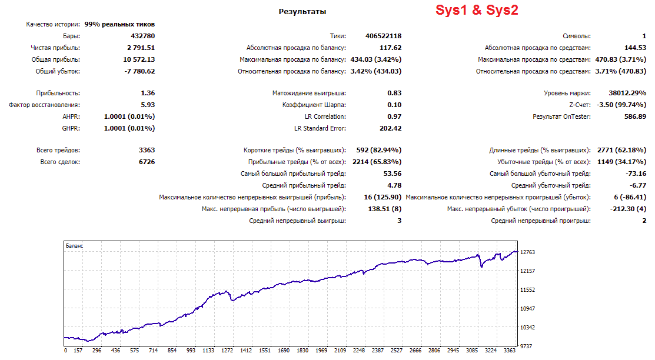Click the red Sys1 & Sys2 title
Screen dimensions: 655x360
point(477,10)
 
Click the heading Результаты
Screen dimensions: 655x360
point(302,12)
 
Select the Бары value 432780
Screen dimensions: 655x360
point(143,36)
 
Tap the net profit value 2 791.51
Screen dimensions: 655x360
point(141,48)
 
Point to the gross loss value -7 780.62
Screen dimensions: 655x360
point(139,71)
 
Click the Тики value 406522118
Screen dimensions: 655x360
point(384,36)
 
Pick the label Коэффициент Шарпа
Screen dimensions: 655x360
point(314,105)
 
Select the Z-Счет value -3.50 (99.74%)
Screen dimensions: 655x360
point(621,105)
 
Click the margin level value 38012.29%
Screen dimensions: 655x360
point(627,93)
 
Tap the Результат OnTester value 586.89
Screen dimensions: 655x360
point(636,116)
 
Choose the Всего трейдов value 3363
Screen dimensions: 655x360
point(147,150)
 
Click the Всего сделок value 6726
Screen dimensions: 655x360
point(147,162)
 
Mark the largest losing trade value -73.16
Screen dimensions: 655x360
point(636,174)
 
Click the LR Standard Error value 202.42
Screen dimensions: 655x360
point(391,128)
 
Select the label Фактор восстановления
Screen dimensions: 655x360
point(44,105)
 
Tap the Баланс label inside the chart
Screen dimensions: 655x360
point(74,245)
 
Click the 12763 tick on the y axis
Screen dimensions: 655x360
point(528,252)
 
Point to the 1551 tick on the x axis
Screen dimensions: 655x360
point(264,351)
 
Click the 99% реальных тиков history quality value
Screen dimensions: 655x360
point(119,24)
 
